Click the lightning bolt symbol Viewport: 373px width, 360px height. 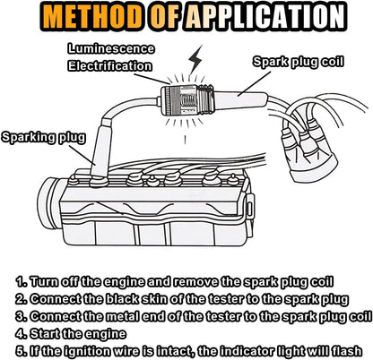tap(195, 59)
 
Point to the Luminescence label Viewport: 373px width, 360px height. tap(111, 49)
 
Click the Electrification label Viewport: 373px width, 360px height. tap(109, 66)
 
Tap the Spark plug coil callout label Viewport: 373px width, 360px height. tap(299, 62)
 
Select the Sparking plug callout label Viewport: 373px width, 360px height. tap(44, 138)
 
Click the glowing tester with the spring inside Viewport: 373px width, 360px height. tap(186, 100)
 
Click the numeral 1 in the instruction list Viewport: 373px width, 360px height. tap(21, 281)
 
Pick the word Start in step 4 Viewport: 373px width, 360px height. tap(46, 333)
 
